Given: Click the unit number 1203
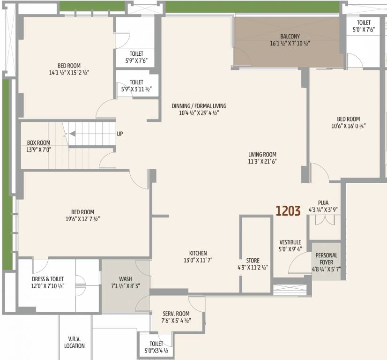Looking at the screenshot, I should pos(288,211).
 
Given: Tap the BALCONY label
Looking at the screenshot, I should pos(290,37).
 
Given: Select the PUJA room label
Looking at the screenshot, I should pos(323,203).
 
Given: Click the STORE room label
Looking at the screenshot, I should pos(253,261).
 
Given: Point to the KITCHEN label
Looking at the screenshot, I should pos(198,253).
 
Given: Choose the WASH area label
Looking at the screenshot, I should pos(125,279).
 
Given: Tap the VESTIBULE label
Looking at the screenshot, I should pos(290,242).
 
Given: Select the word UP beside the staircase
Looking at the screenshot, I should pos(120,134).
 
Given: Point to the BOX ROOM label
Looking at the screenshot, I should pos(38,142).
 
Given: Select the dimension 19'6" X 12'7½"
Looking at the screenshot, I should pos(83,219).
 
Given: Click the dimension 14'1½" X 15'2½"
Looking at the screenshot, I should pos(69,73).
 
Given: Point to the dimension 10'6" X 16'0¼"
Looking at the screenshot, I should pos(348,126).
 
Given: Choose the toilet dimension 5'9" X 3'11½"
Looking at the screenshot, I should pos(136,89).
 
